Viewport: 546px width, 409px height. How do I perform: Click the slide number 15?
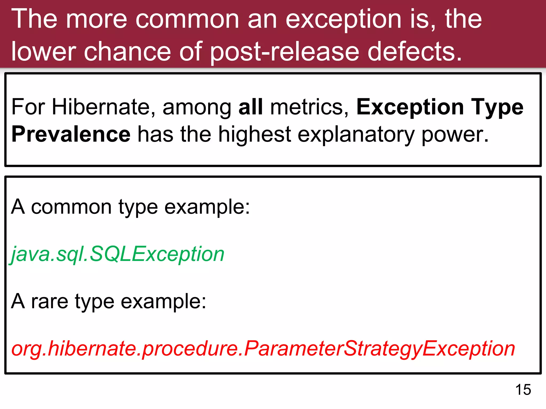(x=523, y=390)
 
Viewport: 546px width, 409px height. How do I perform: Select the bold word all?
(x=251, y=107)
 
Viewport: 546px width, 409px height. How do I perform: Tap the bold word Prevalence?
(x=71, y=134)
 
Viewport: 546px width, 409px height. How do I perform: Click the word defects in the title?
(x=415, y=52)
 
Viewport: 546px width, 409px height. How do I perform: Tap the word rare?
(x=50, y=301)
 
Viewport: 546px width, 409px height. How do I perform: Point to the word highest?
(x=255, y=135)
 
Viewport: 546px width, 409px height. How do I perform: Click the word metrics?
(x=309, y=107)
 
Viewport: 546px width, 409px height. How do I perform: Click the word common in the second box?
(x=71, y=207)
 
